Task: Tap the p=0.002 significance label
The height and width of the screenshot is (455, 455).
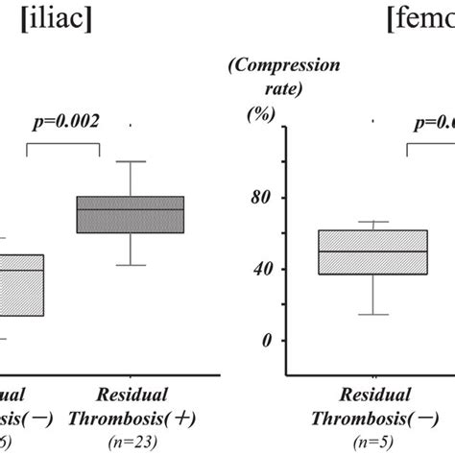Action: pyautogui.click(x=63, y=123)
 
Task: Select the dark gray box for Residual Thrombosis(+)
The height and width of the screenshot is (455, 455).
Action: pyautogui.click(x=131, y=215)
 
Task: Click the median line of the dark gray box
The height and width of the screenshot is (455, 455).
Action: pyautogui.click(x=131, y=209)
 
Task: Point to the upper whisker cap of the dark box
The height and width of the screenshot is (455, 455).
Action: pyautogui.click(x=131, y=161)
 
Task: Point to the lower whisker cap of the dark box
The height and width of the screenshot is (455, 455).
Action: pyautogui.click(x=131, y=265)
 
